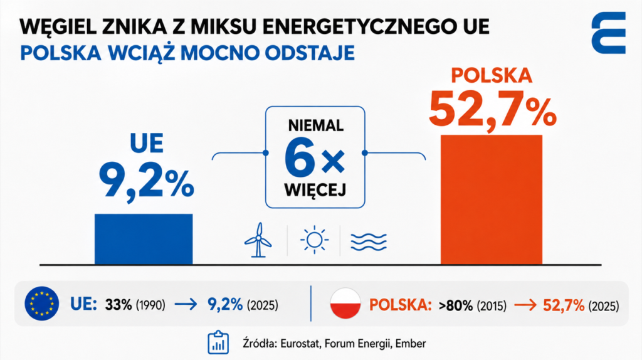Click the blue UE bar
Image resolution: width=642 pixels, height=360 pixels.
[144, 239]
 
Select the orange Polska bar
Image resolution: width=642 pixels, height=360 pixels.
[492, 200]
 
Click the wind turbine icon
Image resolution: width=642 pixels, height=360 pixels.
[258, 240]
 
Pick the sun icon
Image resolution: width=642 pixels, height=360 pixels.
[314, 240]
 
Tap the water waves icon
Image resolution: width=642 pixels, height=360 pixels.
[369, 241]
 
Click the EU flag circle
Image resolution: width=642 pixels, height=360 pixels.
[42, 304]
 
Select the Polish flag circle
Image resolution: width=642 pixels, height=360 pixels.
[345, 304]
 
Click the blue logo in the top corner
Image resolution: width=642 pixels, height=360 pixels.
[609, 33]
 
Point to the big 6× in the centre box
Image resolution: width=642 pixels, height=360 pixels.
[315, 158]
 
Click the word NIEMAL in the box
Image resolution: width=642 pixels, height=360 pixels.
[316, 125]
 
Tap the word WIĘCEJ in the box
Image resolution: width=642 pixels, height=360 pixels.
[315, 189]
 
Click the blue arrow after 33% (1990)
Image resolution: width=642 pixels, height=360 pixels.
[186, 305]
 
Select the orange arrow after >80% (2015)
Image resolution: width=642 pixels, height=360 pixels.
[525, 305]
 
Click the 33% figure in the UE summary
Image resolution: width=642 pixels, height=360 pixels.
[118, 305]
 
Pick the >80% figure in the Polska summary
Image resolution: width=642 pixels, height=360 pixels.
[456, 305]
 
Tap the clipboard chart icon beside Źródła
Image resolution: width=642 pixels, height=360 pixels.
[218, 342]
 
